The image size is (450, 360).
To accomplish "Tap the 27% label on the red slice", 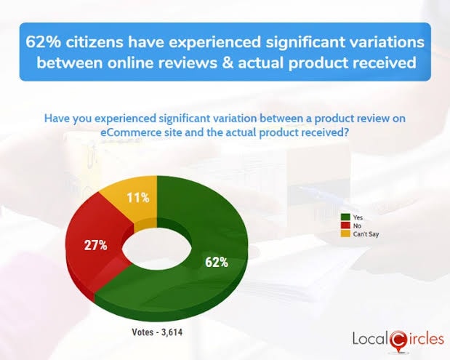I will (x=95, y=245).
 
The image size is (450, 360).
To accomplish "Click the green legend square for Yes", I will (x=346, y=217).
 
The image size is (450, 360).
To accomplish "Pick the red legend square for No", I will (x=346, y=225).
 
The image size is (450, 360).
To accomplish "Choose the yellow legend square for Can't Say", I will (x=346, y=234).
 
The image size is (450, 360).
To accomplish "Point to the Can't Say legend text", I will (x=366, y=234).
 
